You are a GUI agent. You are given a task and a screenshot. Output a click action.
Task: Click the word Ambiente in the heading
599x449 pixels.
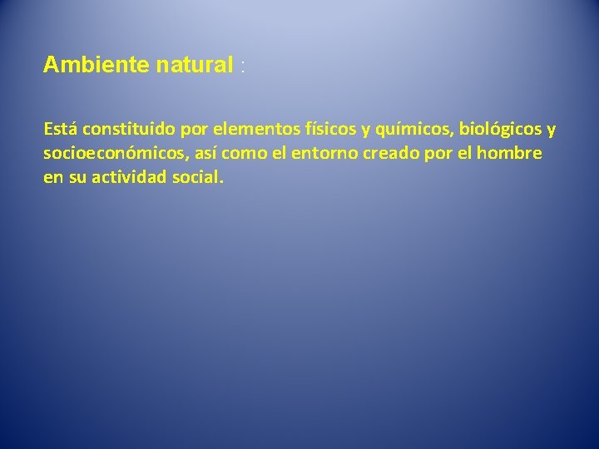[x=97, y=66]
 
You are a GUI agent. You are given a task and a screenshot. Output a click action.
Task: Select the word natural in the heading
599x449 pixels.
[x=193, y=66]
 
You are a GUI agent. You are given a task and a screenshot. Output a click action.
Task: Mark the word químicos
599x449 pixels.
[x=413, y=131]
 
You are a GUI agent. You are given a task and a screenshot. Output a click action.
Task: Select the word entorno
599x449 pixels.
[x=307, y=154]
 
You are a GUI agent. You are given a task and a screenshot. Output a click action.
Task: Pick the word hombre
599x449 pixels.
[x=512, y=154]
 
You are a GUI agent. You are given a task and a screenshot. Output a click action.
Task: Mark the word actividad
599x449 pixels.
[x=126, y=177]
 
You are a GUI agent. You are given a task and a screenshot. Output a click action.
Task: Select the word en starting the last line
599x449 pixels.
[x=52, y=178]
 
